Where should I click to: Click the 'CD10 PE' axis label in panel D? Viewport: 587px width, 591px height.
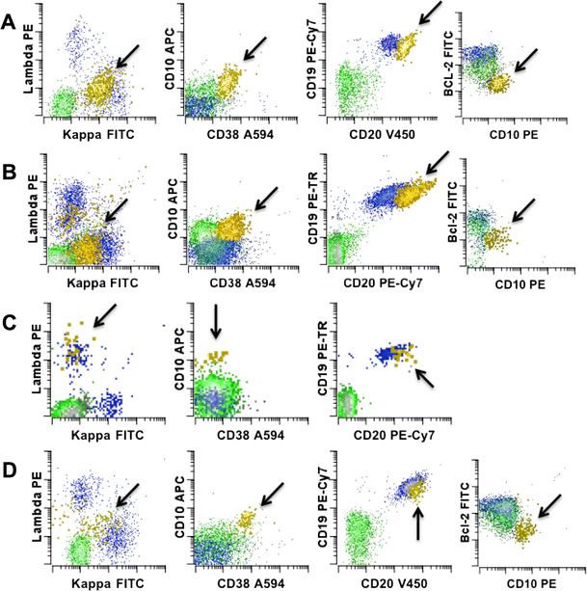pyautogui.click(x=516, y=582)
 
